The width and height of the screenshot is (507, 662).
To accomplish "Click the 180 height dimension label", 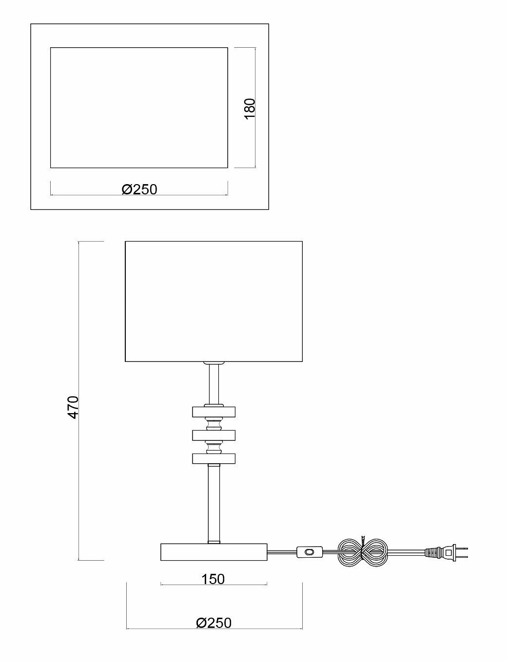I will click(x=249, y=108).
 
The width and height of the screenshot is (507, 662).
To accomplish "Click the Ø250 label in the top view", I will click(x=139, y=189).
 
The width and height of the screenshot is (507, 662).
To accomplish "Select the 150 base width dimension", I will click(x=213, y=579).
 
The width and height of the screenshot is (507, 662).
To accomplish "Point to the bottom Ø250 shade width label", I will click(x=214, y=623).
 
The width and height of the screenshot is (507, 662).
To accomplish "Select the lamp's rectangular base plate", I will click(x=214, y=551).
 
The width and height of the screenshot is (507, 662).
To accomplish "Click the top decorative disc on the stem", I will click(x=214, y=412).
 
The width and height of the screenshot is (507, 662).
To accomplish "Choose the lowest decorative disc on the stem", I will click(x=214, y=458).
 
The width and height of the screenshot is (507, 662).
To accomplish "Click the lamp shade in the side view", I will click(x=214, y=301).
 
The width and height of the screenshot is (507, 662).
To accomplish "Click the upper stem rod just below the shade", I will click(x=214, y=383).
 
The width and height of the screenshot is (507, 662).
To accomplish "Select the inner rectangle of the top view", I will click(x=139, y=108).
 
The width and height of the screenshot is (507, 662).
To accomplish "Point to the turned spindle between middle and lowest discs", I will click(x=214, y=447).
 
